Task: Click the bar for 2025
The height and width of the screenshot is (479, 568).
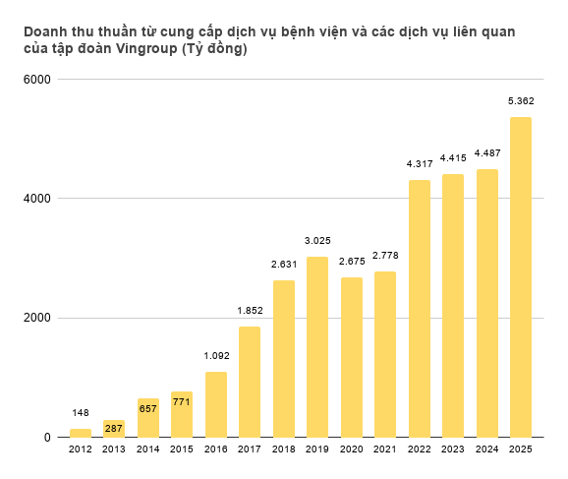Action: pyautogui.click(x=520, y=277)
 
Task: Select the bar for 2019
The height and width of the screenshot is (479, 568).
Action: pyautogui.click(x=317, y=347)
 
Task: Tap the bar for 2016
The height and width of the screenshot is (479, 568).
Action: pyautogui.click(x=216, y=404)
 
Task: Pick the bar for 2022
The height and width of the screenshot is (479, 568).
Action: pyautogui.click(x=419, y=309)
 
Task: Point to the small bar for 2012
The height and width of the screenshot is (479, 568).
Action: pyautogui.click(x=81, y=433)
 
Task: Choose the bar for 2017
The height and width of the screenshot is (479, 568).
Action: pyautogui.click(x=250, y=382)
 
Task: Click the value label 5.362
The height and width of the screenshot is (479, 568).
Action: pyautogui.click(x=520, y=101)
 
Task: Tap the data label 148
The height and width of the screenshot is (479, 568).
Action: pyautogui.click(x=81, y=412)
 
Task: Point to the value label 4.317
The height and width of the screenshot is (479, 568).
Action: pyautogui.click(x=419, y=163)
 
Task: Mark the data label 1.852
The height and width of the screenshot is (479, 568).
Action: pyautogui.click(x=250, y=311)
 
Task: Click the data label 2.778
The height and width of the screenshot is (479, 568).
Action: pyautogui.click(x=385, y=256)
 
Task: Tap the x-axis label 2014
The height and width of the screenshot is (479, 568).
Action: pyautogui.click(x=148, y=449)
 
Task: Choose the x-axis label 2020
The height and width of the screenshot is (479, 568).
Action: pyautogui.click(x=351, y=449)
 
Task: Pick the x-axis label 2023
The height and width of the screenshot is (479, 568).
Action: pyautogui.click(x=452, y=449)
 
